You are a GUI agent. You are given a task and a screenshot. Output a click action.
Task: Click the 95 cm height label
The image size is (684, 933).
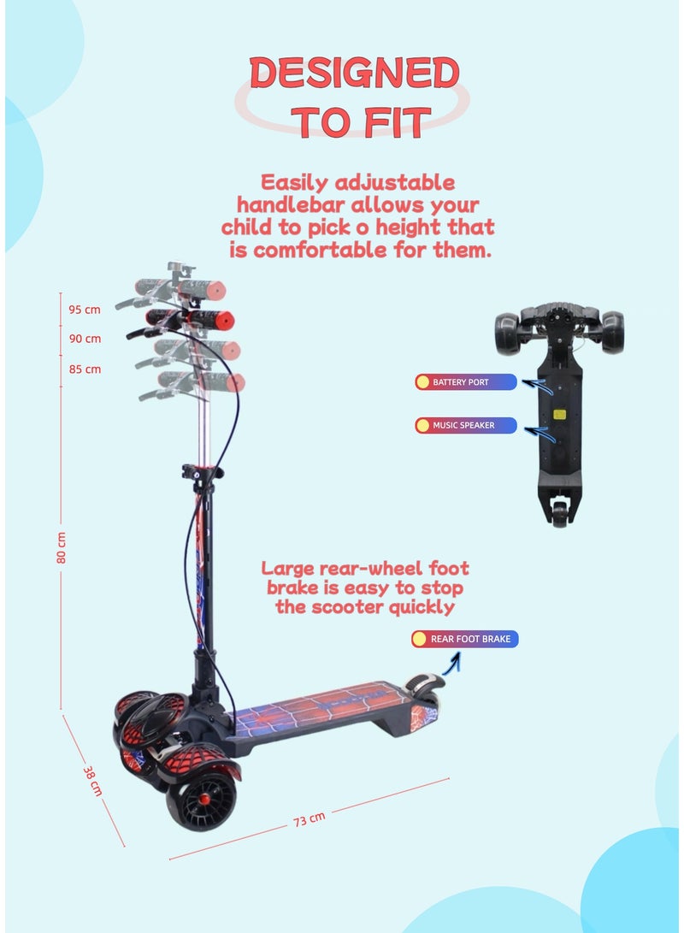pos(85,310)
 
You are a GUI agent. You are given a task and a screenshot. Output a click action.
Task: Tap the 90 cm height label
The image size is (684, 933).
pos(85,339)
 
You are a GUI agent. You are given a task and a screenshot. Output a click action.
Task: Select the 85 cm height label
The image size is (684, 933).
pos(85,369)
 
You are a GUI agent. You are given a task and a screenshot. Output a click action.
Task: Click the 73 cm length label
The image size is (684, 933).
pos(310,819)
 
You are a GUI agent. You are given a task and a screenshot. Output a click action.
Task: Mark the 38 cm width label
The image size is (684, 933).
pos(92,781)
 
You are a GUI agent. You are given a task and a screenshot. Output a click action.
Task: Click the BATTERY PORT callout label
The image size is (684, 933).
pos(466,382)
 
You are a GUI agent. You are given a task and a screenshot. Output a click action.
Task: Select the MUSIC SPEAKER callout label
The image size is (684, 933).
pos(466,425)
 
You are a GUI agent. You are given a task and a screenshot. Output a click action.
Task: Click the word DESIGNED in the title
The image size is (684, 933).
pos(354,74)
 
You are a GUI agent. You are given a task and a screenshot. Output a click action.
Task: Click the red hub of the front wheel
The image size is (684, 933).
pos(204,799)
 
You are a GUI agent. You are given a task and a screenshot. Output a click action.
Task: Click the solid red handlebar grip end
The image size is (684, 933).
pos(226,321)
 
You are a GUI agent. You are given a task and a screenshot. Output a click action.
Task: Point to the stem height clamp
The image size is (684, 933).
pos(203,472)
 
